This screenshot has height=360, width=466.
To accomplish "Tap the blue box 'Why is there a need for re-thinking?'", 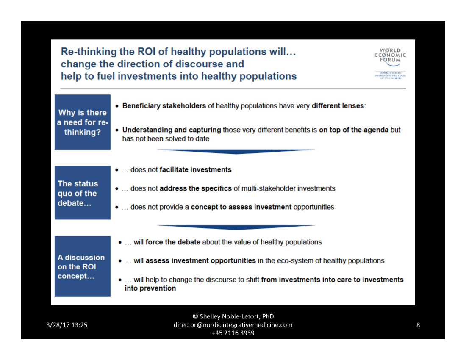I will (x=83, y=122).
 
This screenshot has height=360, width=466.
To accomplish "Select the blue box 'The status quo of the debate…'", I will (x=83, y=193).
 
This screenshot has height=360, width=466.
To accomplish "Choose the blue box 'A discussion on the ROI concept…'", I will (x=83, y=266).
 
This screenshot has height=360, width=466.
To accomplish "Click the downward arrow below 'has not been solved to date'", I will (x=236, y=151).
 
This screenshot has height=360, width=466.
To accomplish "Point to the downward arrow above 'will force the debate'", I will (x=236, y=227).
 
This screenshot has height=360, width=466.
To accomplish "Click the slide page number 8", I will (x=418, y=325).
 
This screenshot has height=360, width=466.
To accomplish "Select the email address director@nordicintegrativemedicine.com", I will (x=233, y=325).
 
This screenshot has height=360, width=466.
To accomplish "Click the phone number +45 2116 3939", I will (x=233, y=333).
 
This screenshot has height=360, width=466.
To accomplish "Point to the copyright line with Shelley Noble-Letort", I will (x=233, y=316).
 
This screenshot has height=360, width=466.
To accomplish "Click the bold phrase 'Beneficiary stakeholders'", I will (x=164, y=106).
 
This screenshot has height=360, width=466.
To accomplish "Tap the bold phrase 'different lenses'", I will (x=338, y=106).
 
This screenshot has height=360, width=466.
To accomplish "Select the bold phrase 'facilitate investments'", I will (x=195, y=170).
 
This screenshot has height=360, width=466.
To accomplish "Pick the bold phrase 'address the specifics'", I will (x=195, y=188).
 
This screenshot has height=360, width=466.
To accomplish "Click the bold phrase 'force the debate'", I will (x=173, y=242).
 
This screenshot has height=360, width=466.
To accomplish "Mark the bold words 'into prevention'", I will (x=150, y=288).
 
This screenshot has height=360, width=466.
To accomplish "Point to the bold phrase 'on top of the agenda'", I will (x=353, y=130).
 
